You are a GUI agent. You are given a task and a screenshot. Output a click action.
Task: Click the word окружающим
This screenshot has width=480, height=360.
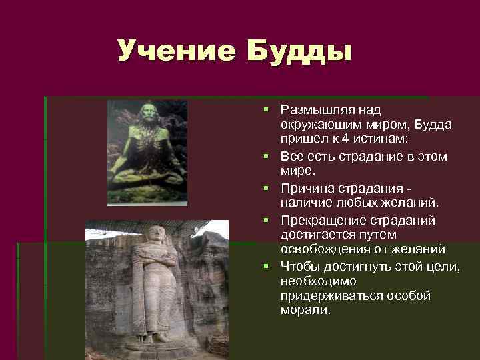click(317, 123)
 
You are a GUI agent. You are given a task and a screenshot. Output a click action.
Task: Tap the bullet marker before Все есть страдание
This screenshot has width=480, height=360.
click(266, 157)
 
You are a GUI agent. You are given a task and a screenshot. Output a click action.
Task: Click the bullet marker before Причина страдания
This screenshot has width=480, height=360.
click(266, 187)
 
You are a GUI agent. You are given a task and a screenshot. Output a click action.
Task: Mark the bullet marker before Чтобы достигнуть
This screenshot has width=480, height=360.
click(266, 266)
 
